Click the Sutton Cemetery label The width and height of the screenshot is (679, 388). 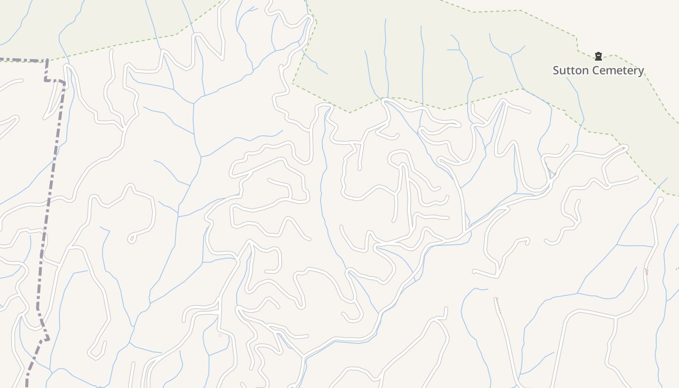coord(598,70)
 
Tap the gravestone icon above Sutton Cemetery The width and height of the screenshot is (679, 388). coord(598,56)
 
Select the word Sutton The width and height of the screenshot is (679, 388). coord(569,70)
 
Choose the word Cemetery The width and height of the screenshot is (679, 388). coord(616,70)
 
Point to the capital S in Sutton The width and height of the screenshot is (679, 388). coord(556,70)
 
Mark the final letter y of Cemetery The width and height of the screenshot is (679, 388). coord(641,71)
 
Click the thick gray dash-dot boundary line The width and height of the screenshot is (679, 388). coord(51,184)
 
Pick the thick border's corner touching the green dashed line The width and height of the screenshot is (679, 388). coord(47,60)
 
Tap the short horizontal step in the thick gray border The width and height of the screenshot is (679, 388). coord(55,81)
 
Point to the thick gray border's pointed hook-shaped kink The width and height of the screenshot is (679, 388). coord(47,339)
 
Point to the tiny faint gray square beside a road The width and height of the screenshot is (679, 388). coord(220,335)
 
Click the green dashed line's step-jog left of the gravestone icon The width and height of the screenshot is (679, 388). coord(577,44)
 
